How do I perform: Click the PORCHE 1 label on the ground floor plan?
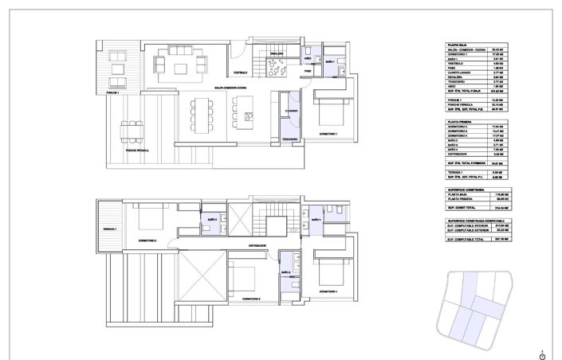tap(108, 93)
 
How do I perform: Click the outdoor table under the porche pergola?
tap(130, 128)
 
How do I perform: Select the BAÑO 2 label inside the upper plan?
tap(213, 218)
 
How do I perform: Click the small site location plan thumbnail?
tap(475, 310)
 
